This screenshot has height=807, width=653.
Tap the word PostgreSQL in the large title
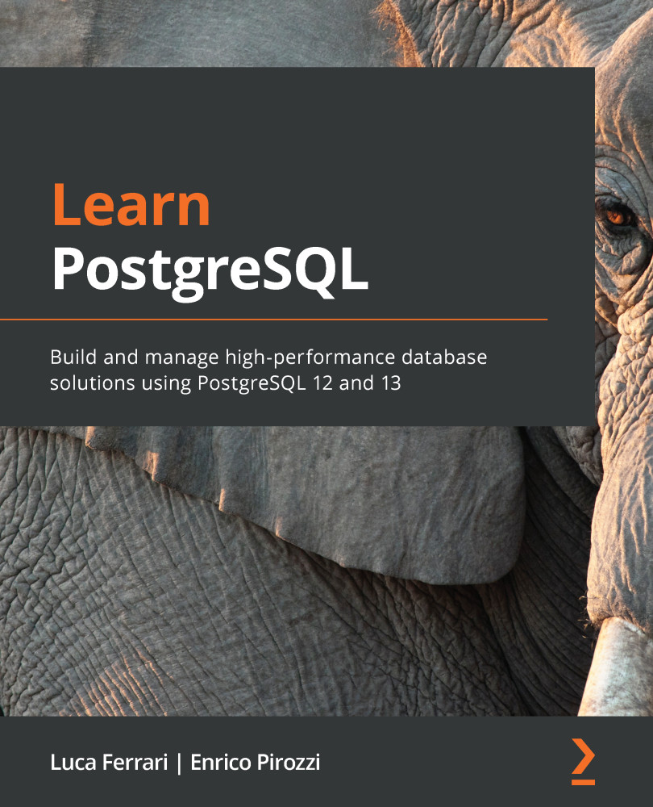pyautogui.click(x=210, y=270)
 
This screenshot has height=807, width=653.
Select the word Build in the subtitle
pyautogui.click(x=71, y=357)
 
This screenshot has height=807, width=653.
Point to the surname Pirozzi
pyautogui.click(x=288, y=763)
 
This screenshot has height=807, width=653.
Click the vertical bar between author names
pyautogui.click(x=180, y=763)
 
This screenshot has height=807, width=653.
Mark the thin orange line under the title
pyautogui.click(x=274, y=320)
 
